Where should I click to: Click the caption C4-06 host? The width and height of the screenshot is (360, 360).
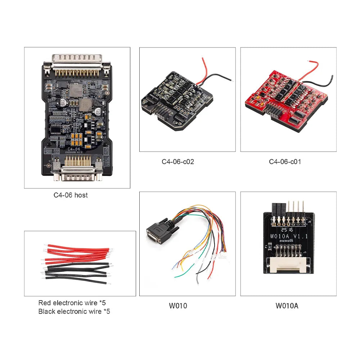pos(71,195)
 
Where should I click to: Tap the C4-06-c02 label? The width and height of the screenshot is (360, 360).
pos(177,162)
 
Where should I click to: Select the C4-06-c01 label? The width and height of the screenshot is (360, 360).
pos(285,162)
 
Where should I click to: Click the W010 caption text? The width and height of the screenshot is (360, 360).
pos(178,306)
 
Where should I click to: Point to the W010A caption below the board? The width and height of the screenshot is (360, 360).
pos(287,306)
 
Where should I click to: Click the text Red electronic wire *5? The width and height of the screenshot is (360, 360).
pos(72,303)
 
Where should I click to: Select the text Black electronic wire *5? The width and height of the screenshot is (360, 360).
pos(74,311)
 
